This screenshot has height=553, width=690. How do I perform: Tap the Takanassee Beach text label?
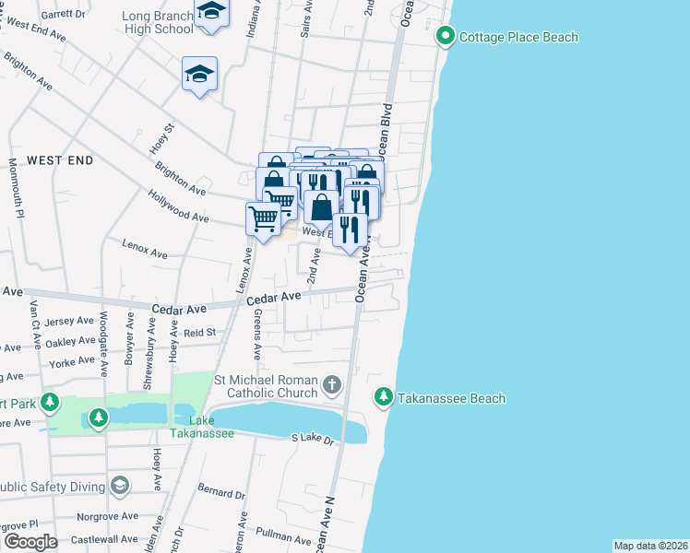coord(452,398)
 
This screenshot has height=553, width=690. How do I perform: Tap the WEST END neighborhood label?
coord(60,160)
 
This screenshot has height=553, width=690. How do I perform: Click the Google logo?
coord(30,541)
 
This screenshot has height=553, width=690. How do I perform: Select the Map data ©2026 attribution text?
coord(650,545)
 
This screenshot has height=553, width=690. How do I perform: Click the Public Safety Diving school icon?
coord(119,485)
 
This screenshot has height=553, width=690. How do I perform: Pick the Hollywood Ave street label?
coord(178,205)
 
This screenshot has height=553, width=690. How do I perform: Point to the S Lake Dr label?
coord(312,440)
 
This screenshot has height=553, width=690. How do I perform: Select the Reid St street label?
coord(199,332)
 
